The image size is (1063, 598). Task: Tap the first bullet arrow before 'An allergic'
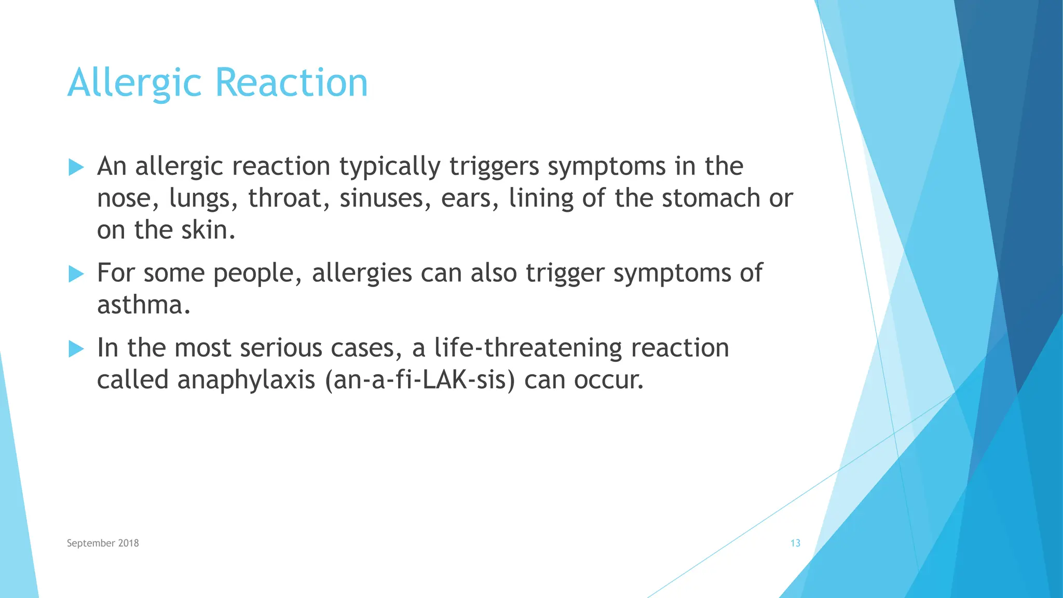(x=76, y=167)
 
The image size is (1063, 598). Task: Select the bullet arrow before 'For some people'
(x=76, y=274)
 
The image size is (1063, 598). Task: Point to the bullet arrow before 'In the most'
(x=76, y=349)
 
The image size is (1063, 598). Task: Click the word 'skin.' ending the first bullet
(x=208, y=230)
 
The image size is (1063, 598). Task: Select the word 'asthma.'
(x=144, y=305)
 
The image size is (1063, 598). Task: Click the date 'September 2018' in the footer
(x=103, y=543)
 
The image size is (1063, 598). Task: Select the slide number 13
(x=795, y=543)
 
